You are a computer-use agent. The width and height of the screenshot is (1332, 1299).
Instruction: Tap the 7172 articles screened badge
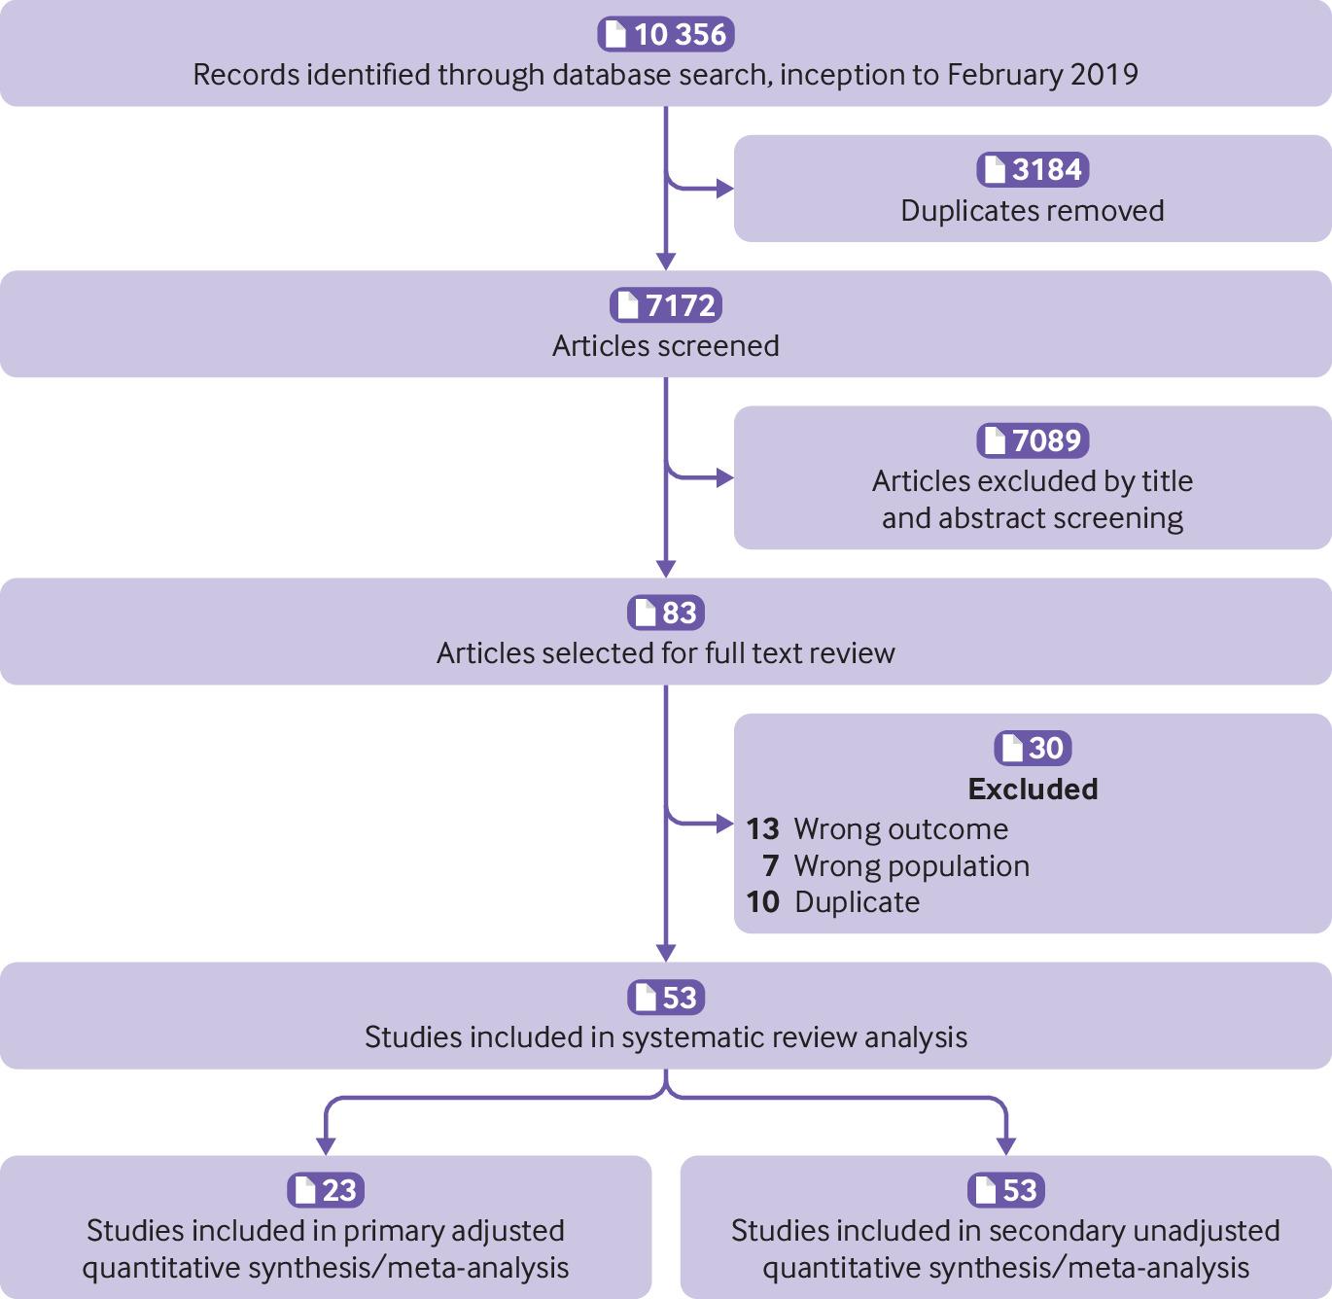(666, 304)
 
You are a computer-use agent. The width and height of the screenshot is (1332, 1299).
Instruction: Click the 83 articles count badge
(666, 613)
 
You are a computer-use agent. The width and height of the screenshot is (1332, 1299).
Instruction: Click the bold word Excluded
(1033, 790)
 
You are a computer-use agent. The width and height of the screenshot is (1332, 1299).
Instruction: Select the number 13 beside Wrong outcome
(762, 828)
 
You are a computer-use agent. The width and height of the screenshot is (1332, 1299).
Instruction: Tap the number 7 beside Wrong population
(771, 865)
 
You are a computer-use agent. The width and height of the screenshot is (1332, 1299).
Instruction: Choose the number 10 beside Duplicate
(762, 902)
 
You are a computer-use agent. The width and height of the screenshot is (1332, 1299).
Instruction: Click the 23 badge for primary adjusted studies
(326, 1190)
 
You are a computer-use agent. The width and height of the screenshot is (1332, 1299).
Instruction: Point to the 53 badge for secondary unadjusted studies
(1005, 1190)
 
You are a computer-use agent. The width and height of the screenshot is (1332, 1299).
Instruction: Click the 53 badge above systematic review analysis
(666, 998)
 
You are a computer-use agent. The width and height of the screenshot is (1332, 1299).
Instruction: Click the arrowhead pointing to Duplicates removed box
(725, 189)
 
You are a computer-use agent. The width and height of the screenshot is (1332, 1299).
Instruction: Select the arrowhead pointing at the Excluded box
(725, 824)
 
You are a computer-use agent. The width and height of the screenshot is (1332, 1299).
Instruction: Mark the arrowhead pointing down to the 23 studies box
(326, 1145)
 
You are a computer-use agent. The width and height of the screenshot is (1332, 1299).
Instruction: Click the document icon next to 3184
(995, 169)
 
